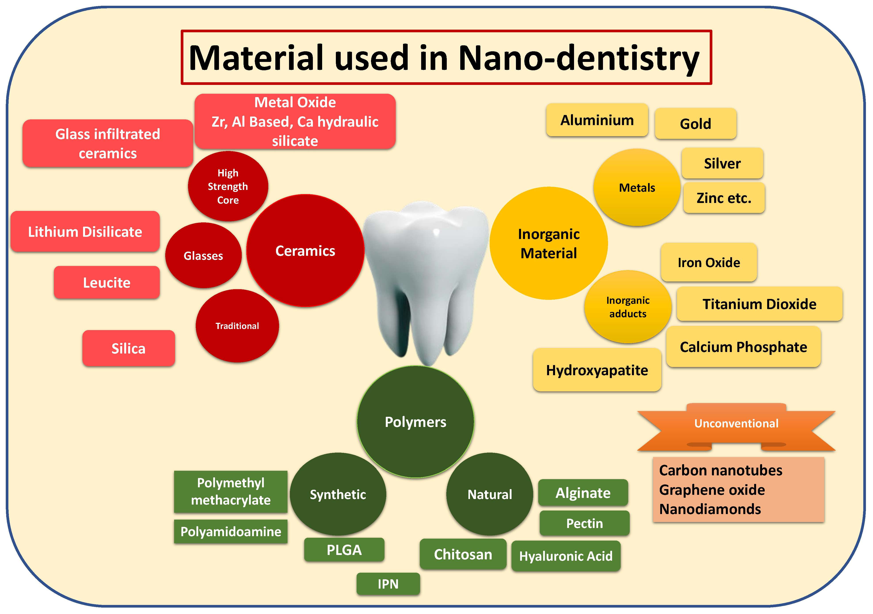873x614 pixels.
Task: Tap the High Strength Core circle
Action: tap(228, 186)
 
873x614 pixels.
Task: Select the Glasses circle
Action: tap(204, 256)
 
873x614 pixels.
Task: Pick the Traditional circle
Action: tap(237, 326)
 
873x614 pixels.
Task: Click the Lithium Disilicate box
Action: tap(85, 232)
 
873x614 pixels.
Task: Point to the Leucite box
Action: tap(107, 283)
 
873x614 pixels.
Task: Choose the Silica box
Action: tap(129, 348)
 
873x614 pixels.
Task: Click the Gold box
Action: tap(695, 124)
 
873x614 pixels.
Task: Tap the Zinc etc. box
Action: tap(724, 198)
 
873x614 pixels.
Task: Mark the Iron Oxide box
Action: tap(709, 262)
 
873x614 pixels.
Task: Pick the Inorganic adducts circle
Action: tap(628, 307)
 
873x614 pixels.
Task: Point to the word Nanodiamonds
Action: tap(710, 509)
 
